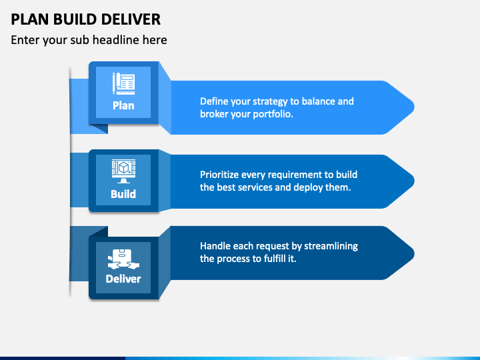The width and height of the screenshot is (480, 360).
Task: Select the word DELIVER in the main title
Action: click(131, 19)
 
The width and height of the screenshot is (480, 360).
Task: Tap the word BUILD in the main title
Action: click(75, 19)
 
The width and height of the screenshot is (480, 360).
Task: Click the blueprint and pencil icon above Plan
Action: click(123, 83)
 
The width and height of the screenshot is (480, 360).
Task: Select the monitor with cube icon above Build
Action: click(123, 171)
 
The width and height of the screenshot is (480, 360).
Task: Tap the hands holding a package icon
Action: click(123, 259)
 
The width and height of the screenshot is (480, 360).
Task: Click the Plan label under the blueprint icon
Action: click(123, 105)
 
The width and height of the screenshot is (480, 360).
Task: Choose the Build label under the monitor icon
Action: click(123, 194)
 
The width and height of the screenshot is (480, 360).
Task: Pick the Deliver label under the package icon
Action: click(123, 279)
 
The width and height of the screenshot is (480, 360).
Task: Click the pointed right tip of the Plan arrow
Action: click(414, 107)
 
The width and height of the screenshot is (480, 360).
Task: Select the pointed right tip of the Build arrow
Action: click(414, 181)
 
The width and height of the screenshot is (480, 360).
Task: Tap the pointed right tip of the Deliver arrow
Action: click(414, 253)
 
